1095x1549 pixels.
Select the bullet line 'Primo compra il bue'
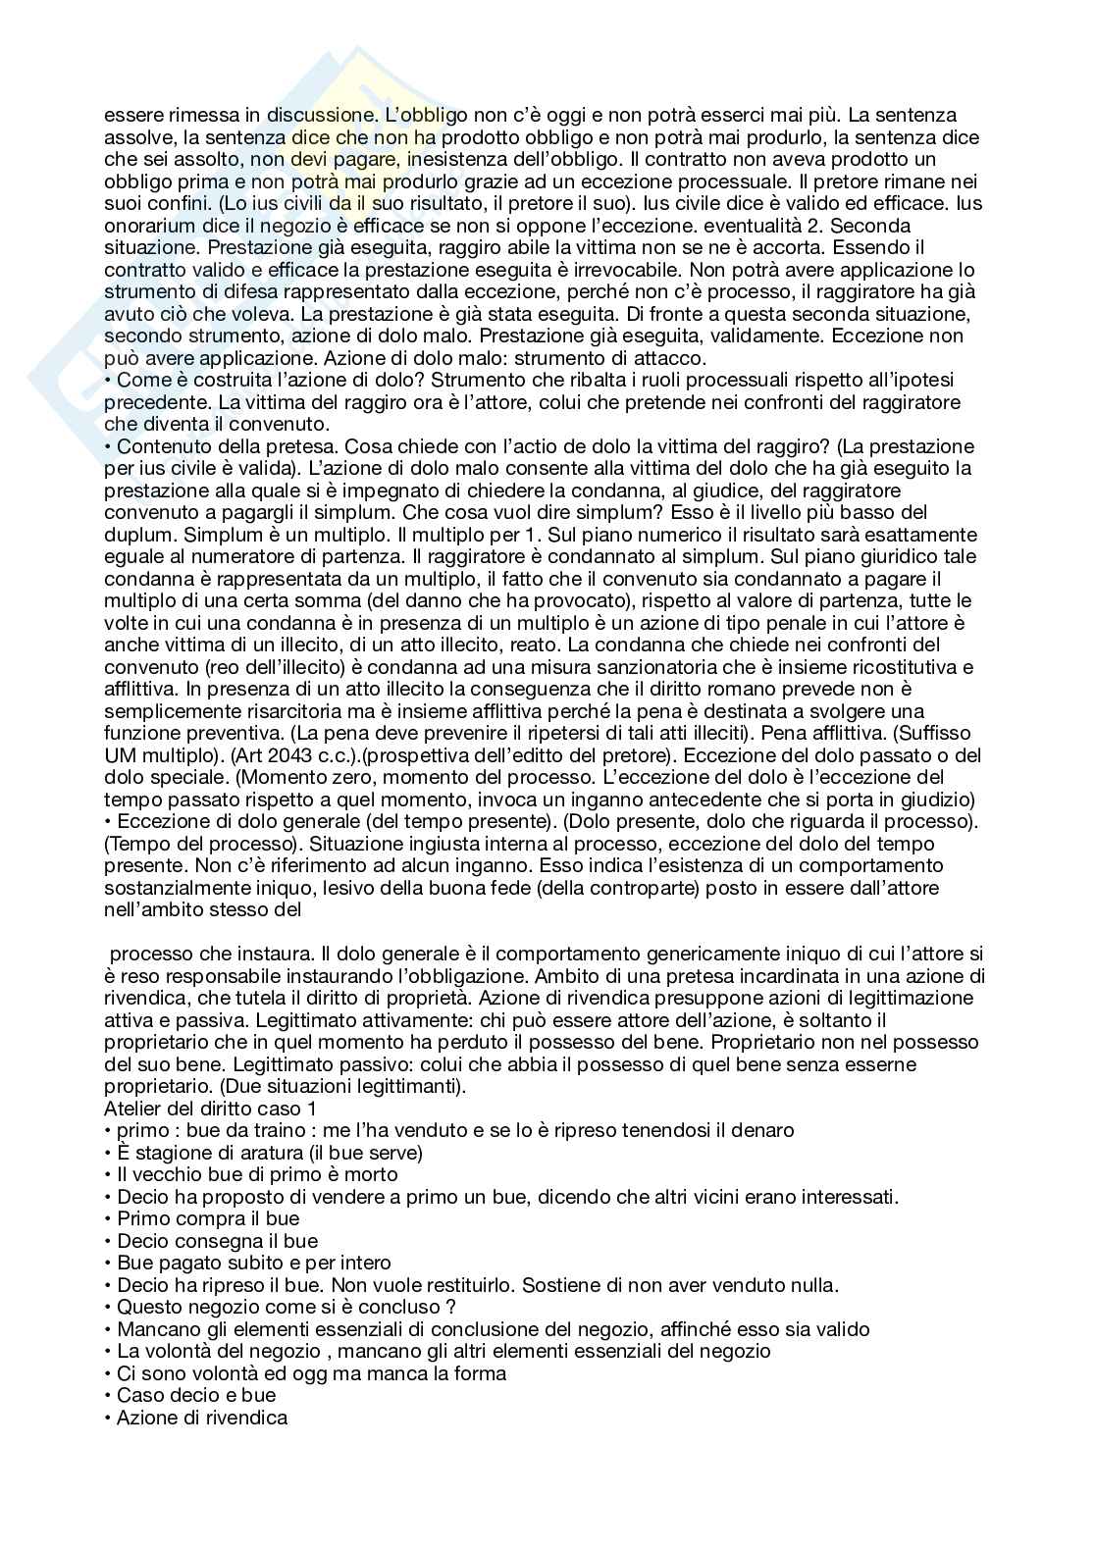[x=208, y=1218]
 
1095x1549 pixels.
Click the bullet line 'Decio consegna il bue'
[x=217, y=1241]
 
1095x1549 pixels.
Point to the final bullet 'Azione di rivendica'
[x=201, y=1418]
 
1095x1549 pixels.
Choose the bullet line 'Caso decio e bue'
[x=195, y=1395]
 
